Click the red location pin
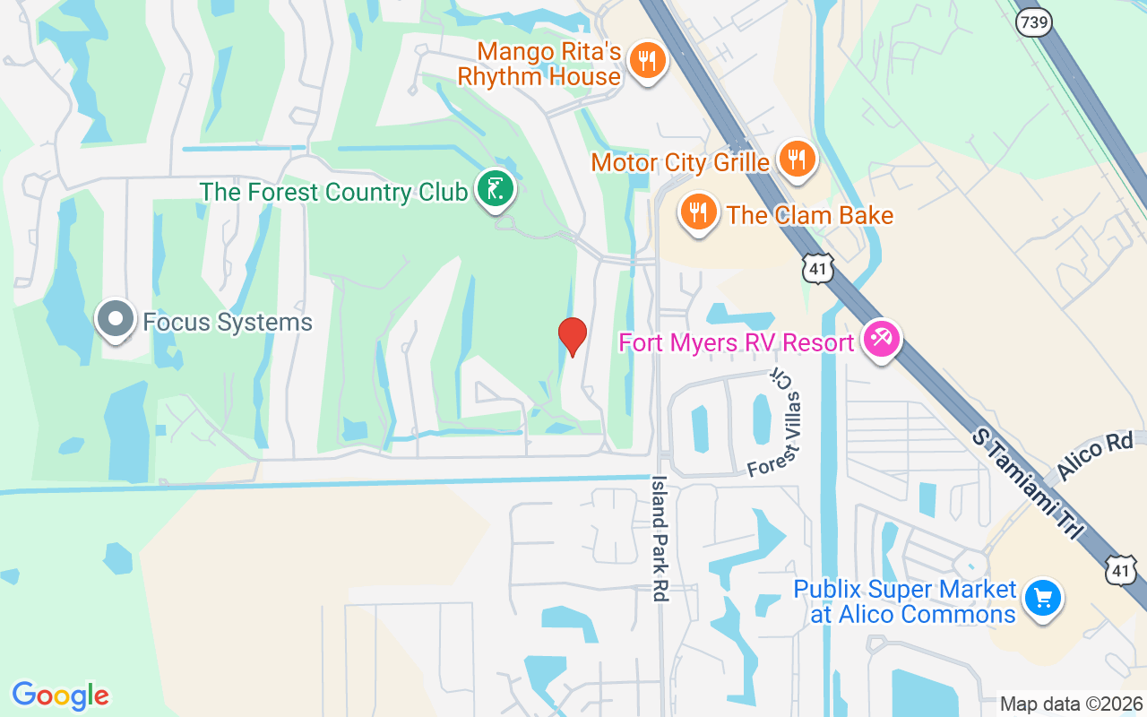(573, 337)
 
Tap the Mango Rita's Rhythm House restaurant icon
(645, 61)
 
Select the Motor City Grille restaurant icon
(795, 160)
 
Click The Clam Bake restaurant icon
(697, 213)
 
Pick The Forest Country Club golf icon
(495, 189)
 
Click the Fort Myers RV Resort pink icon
(881, 340)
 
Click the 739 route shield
(1033, 24)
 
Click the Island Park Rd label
(660, 538)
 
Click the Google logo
(60, 695)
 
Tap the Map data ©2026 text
(1071, 704)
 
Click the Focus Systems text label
(228, 323)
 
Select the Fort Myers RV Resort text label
(735, 342)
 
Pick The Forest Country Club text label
(333, 192)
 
